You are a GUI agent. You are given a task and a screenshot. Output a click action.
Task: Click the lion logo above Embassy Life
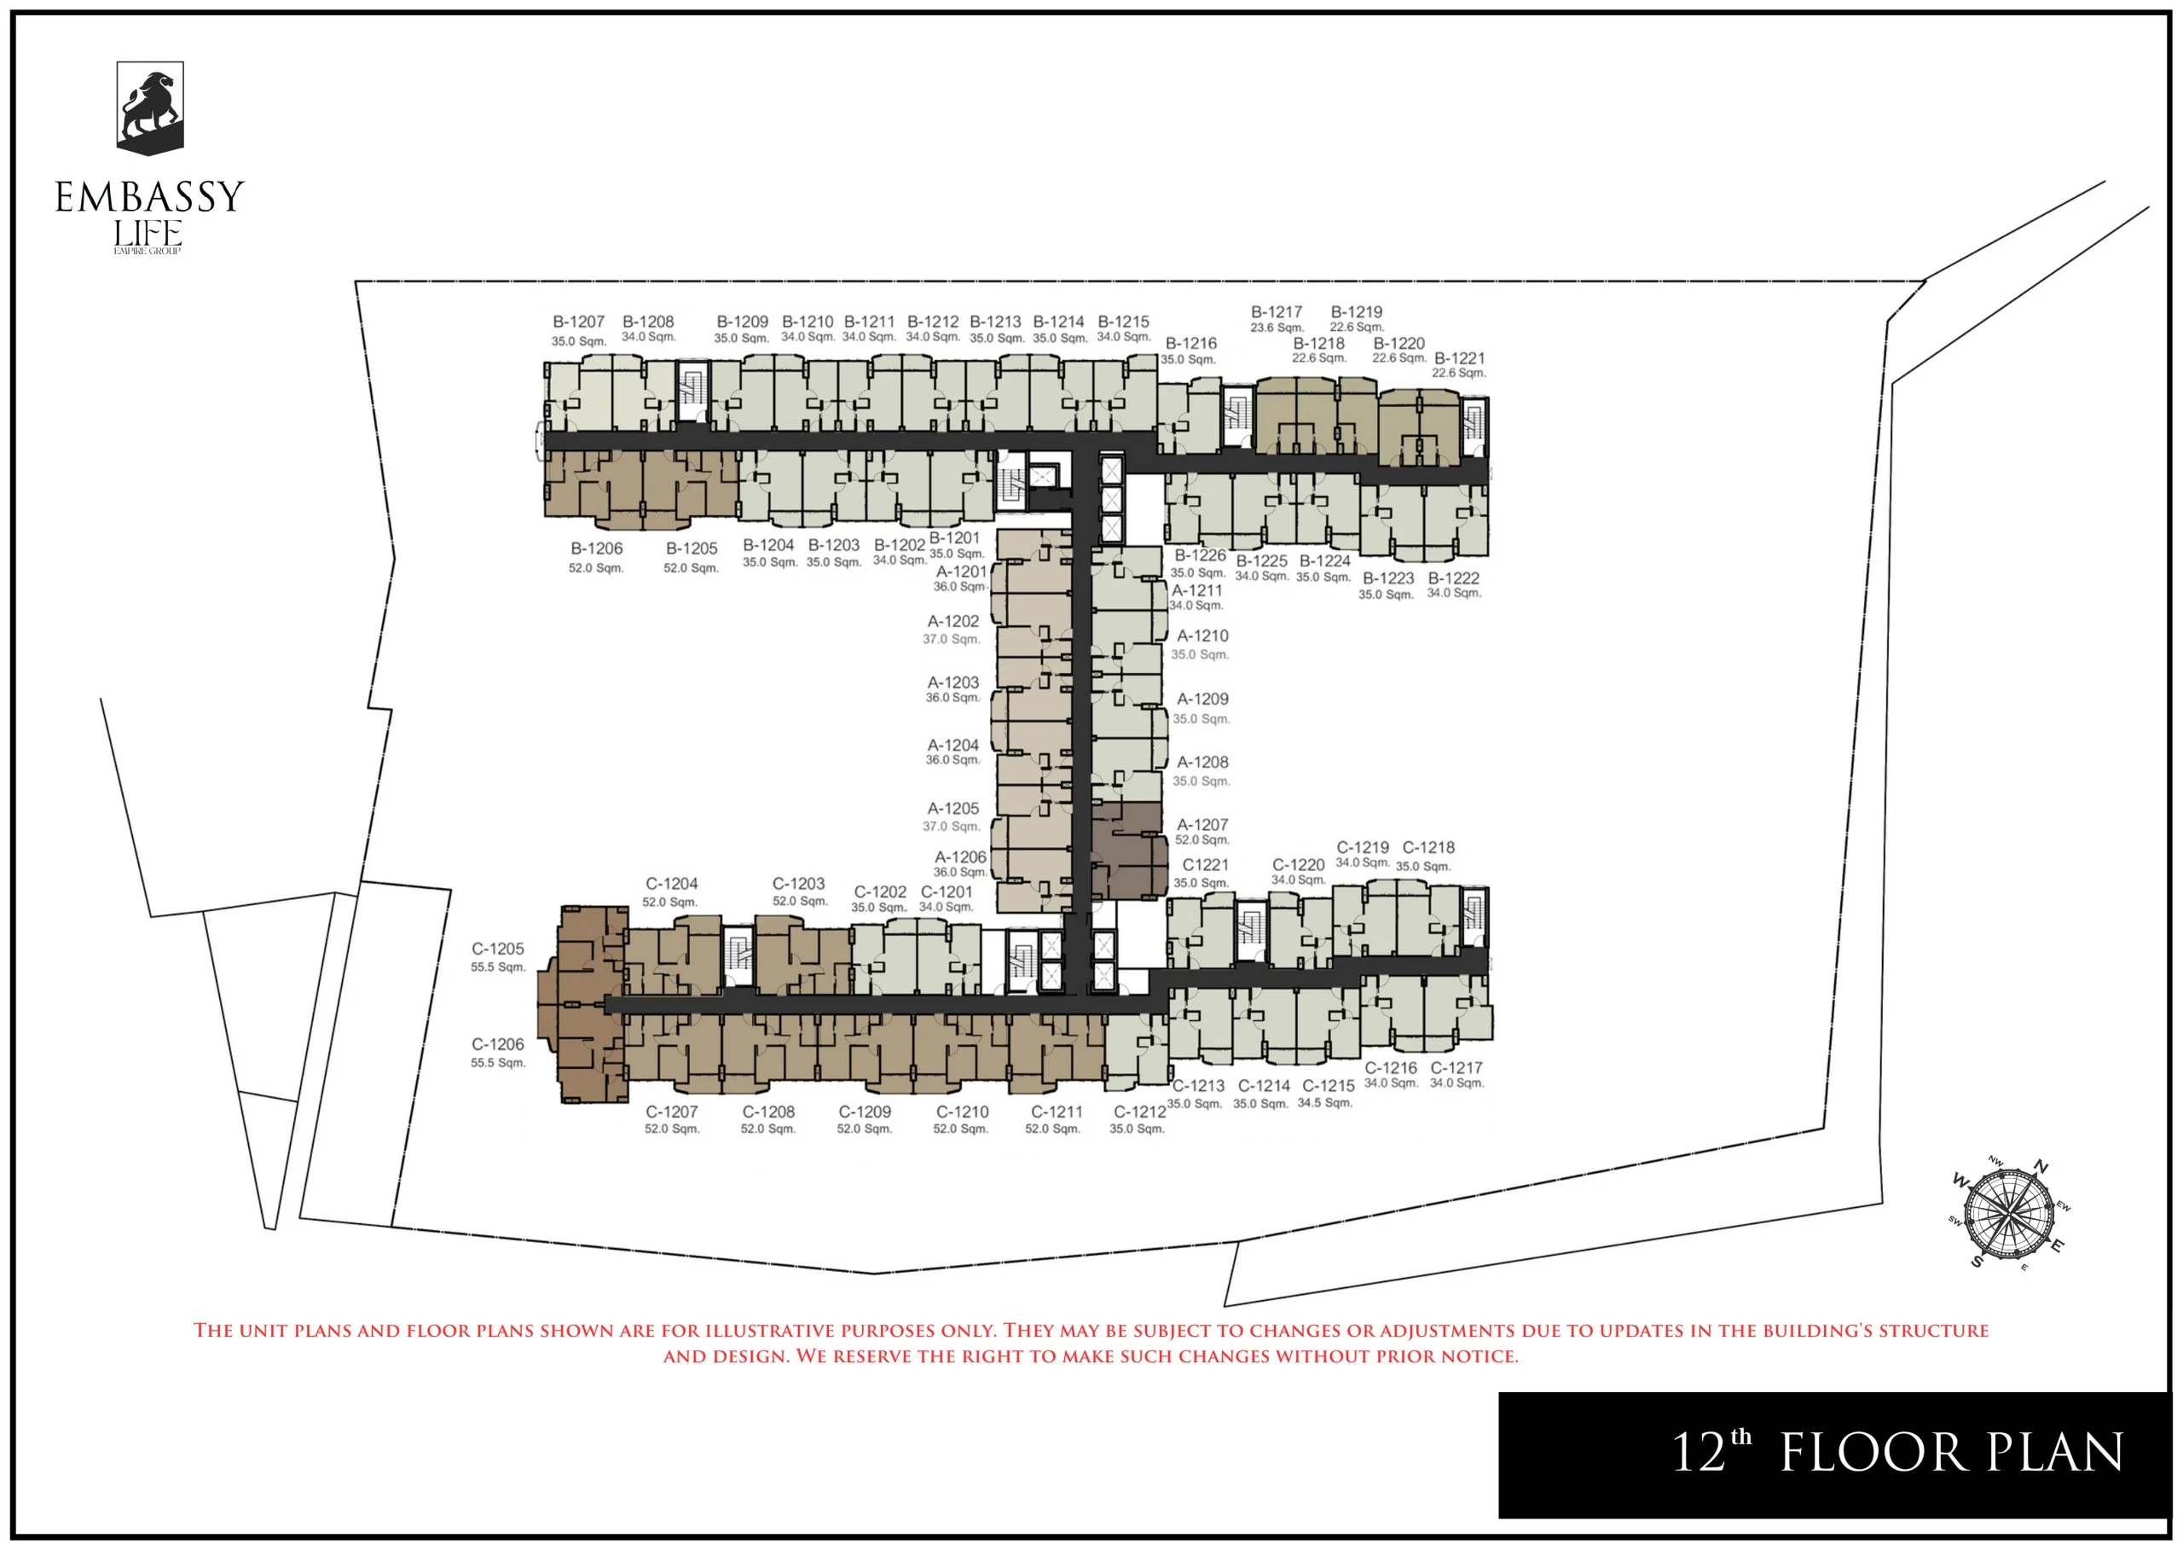[x=150, y=107]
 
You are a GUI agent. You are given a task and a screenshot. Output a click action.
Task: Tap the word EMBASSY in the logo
[x=150, y=196]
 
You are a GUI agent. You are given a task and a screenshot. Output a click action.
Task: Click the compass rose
[x=2009, y=1213]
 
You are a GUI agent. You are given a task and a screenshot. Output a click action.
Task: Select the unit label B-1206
[x=596, y=549]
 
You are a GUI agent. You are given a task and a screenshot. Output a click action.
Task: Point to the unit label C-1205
[x=498, y=949]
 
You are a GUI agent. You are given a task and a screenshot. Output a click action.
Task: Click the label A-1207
[x=1202, y=825]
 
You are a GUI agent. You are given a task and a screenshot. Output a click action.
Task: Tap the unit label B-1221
[x=1459, y=359]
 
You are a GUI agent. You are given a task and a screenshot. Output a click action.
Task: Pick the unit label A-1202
[x=953, y=621]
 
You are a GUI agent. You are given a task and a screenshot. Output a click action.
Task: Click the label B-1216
[x=1190, y=344]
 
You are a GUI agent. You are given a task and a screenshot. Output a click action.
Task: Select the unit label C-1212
[x=1139, y=1112]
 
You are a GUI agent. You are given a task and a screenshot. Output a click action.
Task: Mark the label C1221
[x=1205, y=865]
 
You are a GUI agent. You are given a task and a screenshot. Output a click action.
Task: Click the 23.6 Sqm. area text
[x=1277, y=328]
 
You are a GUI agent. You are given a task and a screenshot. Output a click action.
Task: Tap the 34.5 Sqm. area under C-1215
[x=1324, y=1103]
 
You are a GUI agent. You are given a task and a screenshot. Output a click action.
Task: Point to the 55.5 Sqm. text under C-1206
[x=498, y=1062]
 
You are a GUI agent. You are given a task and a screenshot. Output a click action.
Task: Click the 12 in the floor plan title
[x=1699, y=1453]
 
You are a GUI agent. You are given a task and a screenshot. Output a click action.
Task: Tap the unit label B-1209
[x=742, y=322]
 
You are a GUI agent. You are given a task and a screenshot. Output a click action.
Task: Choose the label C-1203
[x=799, y=884]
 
